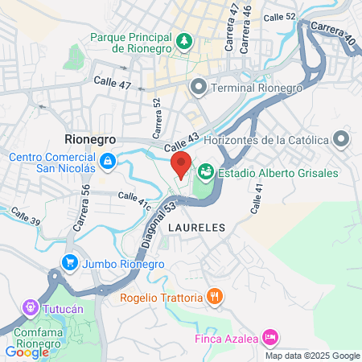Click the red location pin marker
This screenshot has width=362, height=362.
(182, 164)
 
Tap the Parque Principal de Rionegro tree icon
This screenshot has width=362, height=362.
(185, 39)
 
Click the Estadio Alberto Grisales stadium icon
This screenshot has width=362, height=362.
(206, 171)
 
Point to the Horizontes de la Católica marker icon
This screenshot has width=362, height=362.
(342, 140)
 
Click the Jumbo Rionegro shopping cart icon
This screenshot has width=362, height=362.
(70, 262)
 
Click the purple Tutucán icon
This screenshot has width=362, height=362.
(31, 306)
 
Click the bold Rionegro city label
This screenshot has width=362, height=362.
(90, 139)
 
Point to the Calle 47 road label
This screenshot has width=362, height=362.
(112, 81)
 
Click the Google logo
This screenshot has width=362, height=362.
(27, 352)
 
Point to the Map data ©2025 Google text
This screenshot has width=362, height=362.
(313, 356)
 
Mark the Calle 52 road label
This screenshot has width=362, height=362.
(279, 16)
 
